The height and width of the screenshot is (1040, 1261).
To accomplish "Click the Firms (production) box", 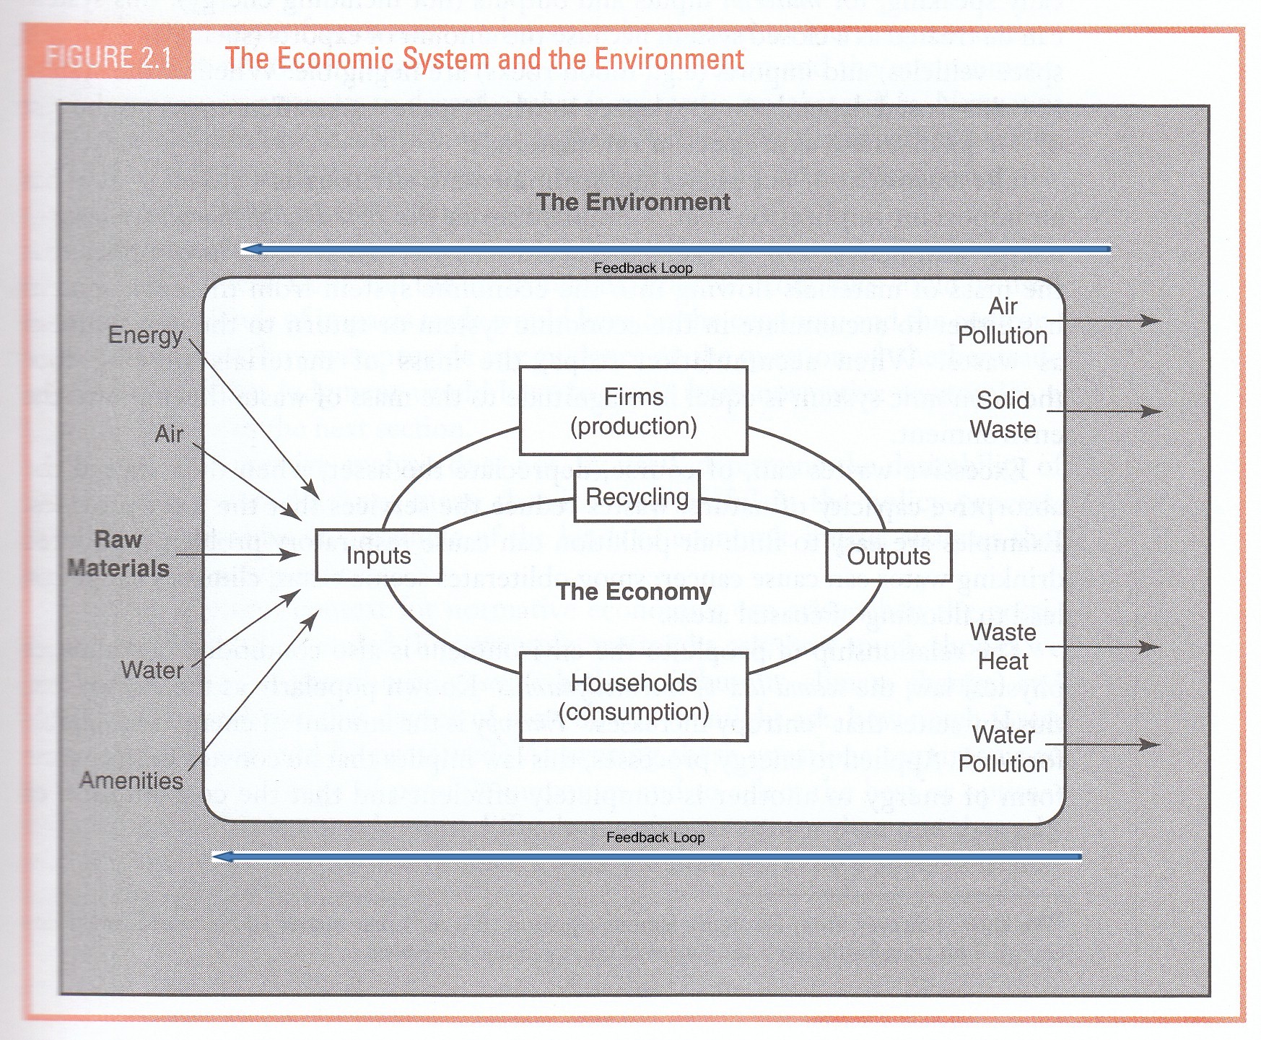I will [x=633, y=411].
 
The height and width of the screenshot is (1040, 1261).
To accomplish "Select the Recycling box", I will [x=637, y=497].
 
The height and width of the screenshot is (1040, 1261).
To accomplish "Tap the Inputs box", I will [x=378, y=555].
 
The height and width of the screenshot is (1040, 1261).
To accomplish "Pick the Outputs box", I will [x=888, y=556].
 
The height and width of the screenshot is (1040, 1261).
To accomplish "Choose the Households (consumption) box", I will [x=633, y=697].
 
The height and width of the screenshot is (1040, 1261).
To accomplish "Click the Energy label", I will [x=145, y=335].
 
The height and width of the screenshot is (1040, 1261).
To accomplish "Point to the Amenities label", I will [x=131, y=780].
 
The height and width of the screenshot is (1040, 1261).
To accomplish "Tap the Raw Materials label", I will [x=118, y=554].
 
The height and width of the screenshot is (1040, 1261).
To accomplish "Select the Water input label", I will [x=152, y=670].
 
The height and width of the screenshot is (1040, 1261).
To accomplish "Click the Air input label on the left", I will [x=169, y=434].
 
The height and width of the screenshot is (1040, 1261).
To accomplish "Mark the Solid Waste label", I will [x=1003, y=415].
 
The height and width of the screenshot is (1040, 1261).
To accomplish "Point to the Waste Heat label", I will [x=1003, y=647].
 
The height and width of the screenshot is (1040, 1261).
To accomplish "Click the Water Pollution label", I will [x=1003, y=749].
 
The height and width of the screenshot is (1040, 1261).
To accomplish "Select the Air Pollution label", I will [x=1003, y=320].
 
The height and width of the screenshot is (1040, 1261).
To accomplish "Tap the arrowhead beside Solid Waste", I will [x=1152, y=411].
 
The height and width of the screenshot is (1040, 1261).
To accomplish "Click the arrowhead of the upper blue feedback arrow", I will [x=250, y=249].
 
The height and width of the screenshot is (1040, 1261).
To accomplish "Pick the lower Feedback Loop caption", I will [x=655, y=837].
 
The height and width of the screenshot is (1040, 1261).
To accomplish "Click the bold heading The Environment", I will [x=633, y=202].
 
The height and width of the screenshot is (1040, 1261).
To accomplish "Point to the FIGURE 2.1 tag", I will [x=108, y=57].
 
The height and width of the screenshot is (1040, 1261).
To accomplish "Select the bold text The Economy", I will [x=634, y=592].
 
